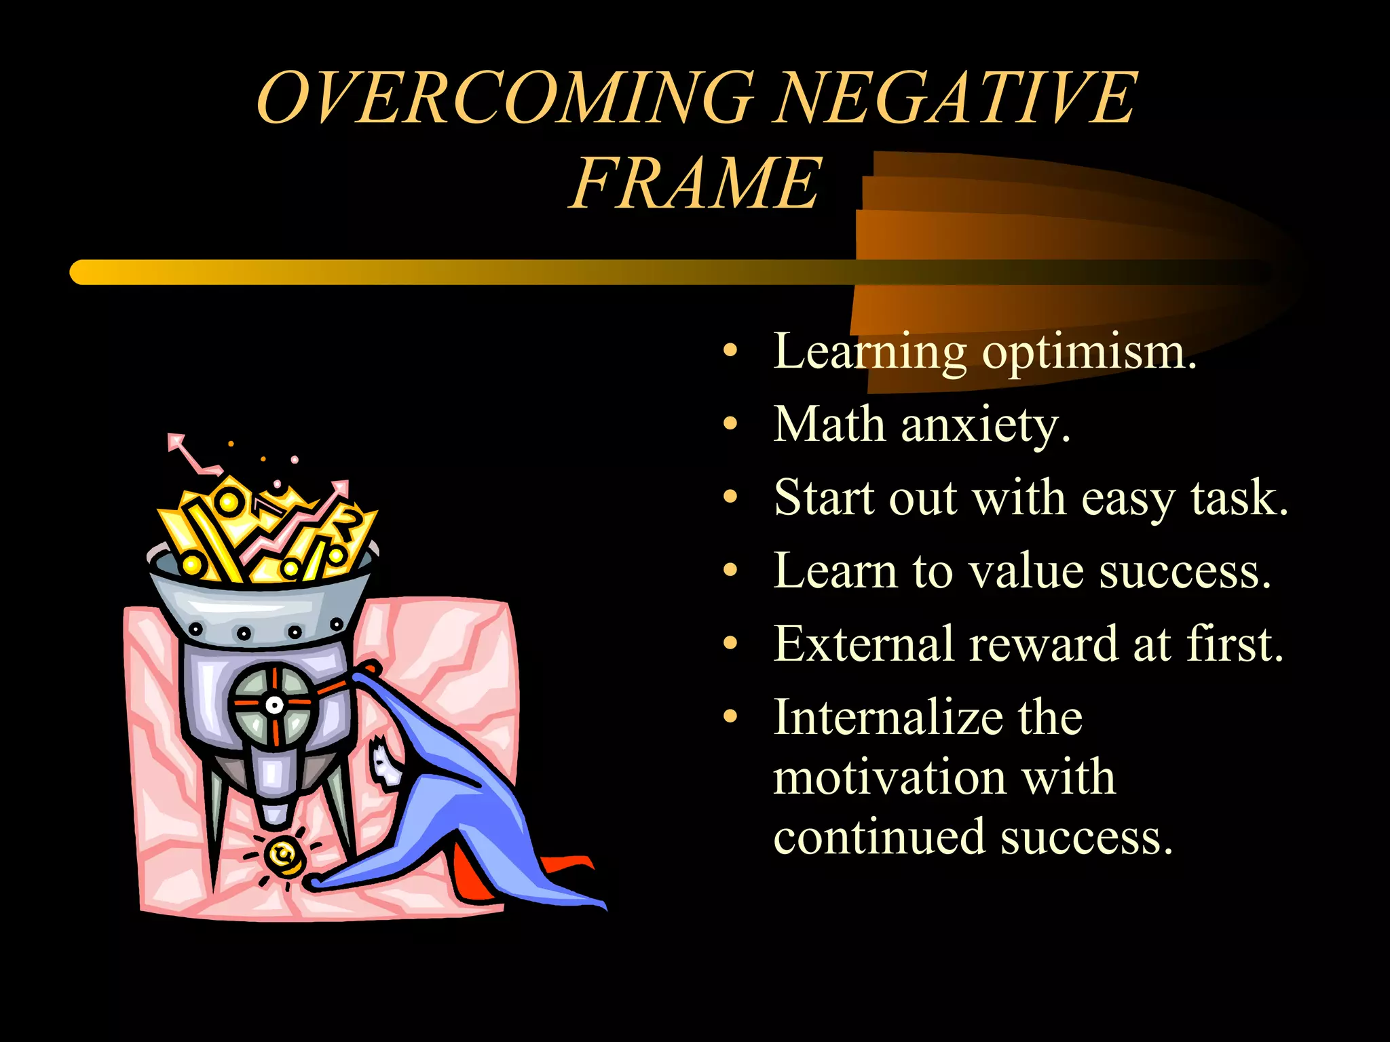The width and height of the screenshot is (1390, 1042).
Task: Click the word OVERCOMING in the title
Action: [506, 98]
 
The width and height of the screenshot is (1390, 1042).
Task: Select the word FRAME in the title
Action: [695, 183]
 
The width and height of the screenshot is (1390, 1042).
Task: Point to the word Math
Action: [829, 425]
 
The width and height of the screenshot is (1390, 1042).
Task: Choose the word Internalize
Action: [928, 717]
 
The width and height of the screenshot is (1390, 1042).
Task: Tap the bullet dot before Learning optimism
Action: [730, 351]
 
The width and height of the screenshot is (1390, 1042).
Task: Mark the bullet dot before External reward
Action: [730, 642]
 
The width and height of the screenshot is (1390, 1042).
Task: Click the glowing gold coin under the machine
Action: [284, 856]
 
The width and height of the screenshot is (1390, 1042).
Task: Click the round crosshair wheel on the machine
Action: [274, 705]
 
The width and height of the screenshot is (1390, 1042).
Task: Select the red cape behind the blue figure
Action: [475, 875]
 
